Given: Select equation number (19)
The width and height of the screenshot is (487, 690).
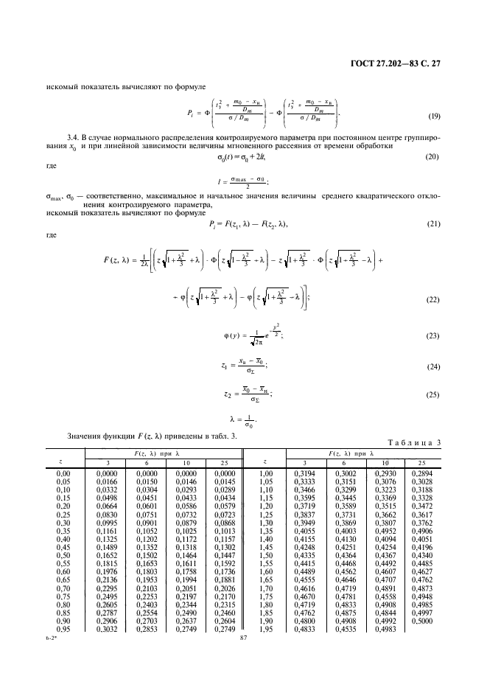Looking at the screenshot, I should tap(435, 116).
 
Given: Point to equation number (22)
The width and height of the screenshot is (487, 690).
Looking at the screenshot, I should tap(435, 299).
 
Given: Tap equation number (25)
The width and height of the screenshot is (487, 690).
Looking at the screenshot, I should tap(435, 395).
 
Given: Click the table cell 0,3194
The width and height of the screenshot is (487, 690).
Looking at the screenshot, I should tap(304, 473).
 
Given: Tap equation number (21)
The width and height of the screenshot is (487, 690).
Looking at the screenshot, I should tap(435, 224).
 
